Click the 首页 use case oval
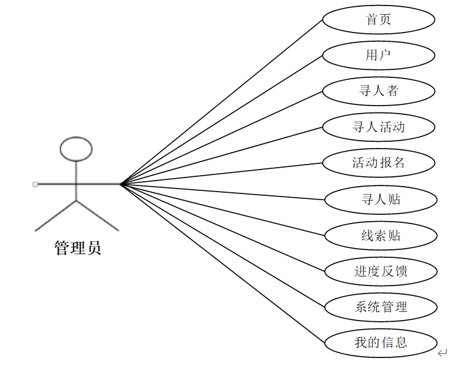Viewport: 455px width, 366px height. [379, 20]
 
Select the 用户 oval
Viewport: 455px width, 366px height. [379, 55]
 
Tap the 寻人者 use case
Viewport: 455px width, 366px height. [379, 91]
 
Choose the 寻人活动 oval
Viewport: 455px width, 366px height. [379, 127]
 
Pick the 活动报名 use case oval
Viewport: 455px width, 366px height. [379, 163]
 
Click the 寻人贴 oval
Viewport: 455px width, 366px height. [381, 199]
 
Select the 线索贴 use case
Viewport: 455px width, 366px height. [381, 235]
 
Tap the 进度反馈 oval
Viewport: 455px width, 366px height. [381, 271]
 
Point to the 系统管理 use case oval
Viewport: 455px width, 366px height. [381, 306]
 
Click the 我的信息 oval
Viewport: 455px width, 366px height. [381, 342]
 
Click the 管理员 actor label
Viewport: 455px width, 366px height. [77, 249]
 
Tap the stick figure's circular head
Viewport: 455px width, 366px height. [76, 149]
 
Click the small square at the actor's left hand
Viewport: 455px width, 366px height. [35, 184]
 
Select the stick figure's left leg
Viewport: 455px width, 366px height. [55, 216]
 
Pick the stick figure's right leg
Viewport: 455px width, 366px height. [97, 216]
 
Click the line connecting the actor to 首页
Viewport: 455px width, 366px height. [221, 102]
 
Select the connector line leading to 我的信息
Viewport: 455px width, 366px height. [221, 263]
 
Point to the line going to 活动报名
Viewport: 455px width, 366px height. [221, 173]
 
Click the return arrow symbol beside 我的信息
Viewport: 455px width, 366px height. [442, 353]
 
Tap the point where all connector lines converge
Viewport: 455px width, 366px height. [121, 183]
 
